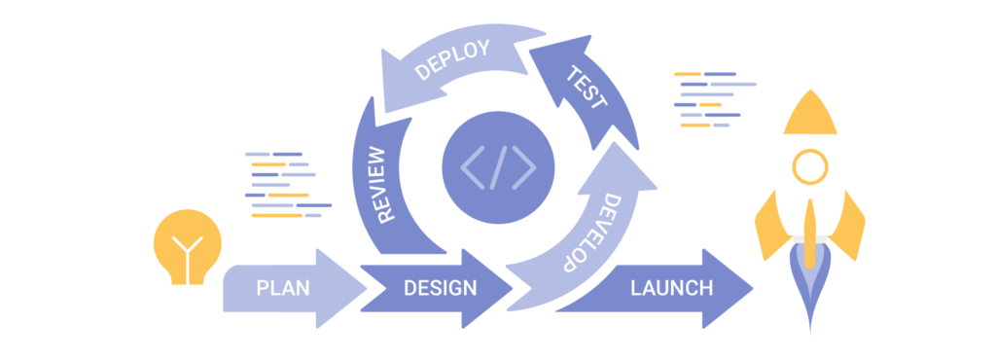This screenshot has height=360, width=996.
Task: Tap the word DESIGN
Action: click(x=440, y=288)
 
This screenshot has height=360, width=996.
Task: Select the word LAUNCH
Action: click(x=671, y=288)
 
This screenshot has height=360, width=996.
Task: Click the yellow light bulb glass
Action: click(x=188, y=238)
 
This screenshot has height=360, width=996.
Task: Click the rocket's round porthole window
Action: click(x=810, y=166)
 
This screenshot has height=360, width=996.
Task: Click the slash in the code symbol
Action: click(x=498, y=166)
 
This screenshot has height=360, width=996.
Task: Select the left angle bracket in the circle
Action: click(x=471, y=166)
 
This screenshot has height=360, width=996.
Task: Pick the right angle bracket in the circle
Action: click(x=525, y=166)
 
